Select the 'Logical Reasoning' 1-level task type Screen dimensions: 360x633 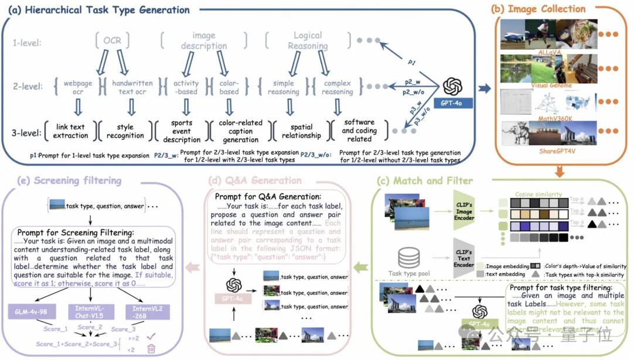(x=308, y=40)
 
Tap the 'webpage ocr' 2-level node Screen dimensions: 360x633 (x=78, y=87)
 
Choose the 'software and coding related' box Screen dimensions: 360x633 (x=359, y=131)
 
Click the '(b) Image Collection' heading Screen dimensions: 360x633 (x=539, y=9)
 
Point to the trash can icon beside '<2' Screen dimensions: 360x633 (x=151, y=349)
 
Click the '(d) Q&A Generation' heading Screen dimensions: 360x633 (x=256, y=180)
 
